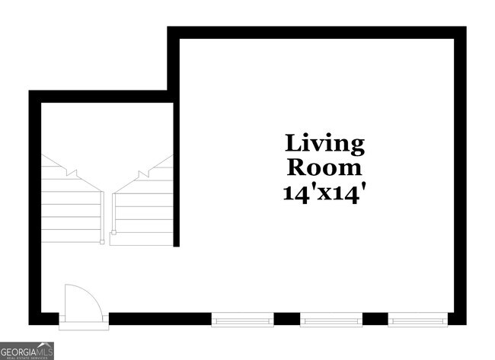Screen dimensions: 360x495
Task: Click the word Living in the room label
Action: coord(324,144)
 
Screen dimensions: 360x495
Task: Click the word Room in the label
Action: coord(324,167)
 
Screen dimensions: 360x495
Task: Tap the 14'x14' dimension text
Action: coord(324,192)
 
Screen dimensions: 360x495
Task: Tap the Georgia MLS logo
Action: coord(27,351)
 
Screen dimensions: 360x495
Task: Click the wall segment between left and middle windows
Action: coord(286,319)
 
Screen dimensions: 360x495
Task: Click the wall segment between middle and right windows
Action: coord(375,319)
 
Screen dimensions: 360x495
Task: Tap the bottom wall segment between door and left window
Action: coord(160,319)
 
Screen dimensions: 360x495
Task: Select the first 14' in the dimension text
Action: coord(295,192)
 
